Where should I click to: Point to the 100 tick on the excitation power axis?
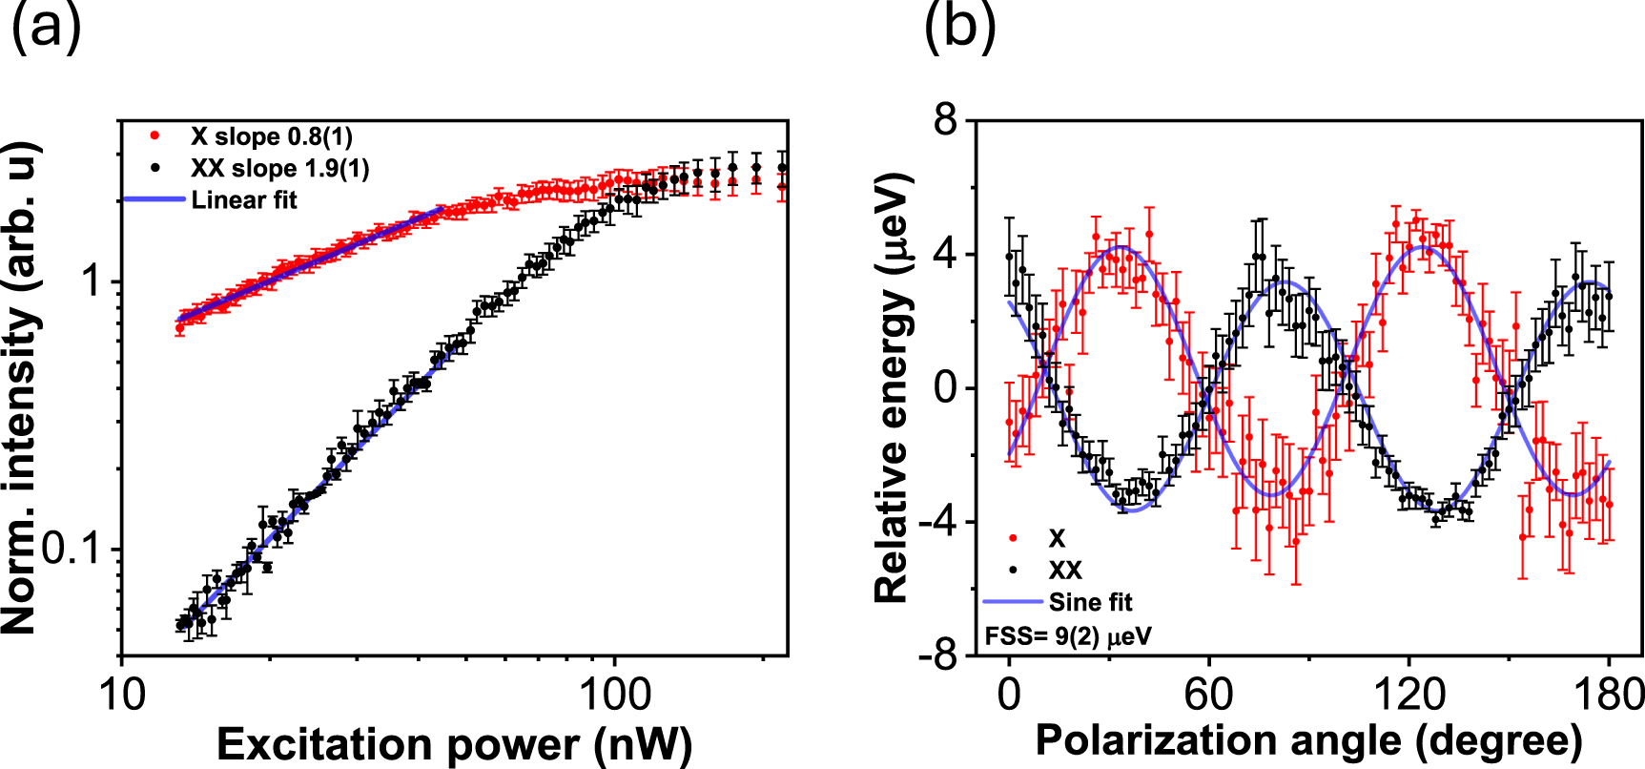click(615, 694)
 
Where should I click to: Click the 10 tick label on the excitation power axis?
click(123, 694)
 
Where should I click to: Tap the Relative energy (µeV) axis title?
click(893, 387)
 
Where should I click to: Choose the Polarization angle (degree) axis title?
click(1308, 740)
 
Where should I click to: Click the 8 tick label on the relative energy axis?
click(945, 121)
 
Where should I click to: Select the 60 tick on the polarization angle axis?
click(1208, 694)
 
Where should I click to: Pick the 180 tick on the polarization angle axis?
click(1610, 694)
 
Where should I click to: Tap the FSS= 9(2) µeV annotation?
click(1067, 635)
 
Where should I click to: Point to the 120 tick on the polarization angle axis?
click(1409, 694)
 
